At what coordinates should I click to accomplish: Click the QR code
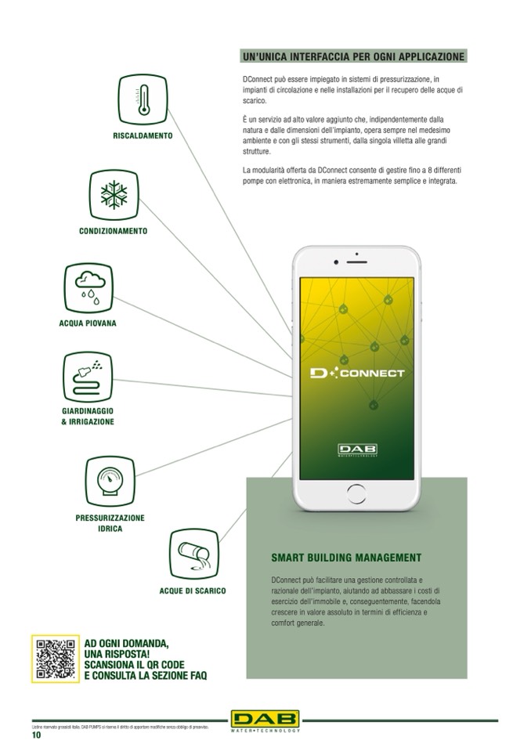coord(55,658)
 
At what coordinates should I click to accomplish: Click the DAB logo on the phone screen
coord(357,450)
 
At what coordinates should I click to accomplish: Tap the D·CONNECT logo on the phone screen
coord(357,373)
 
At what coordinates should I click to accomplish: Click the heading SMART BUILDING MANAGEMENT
coord(346,558)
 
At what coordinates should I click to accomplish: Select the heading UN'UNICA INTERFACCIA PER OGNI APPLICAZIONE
coord(354,57)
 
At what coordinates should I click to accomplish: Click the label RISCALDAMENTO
coord(143,135)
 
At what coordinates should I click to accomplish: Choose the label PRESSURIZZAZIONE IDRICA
coord(110,523)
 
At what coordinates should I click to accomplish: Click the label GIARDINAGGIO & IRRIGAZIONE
coord(87,416)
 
